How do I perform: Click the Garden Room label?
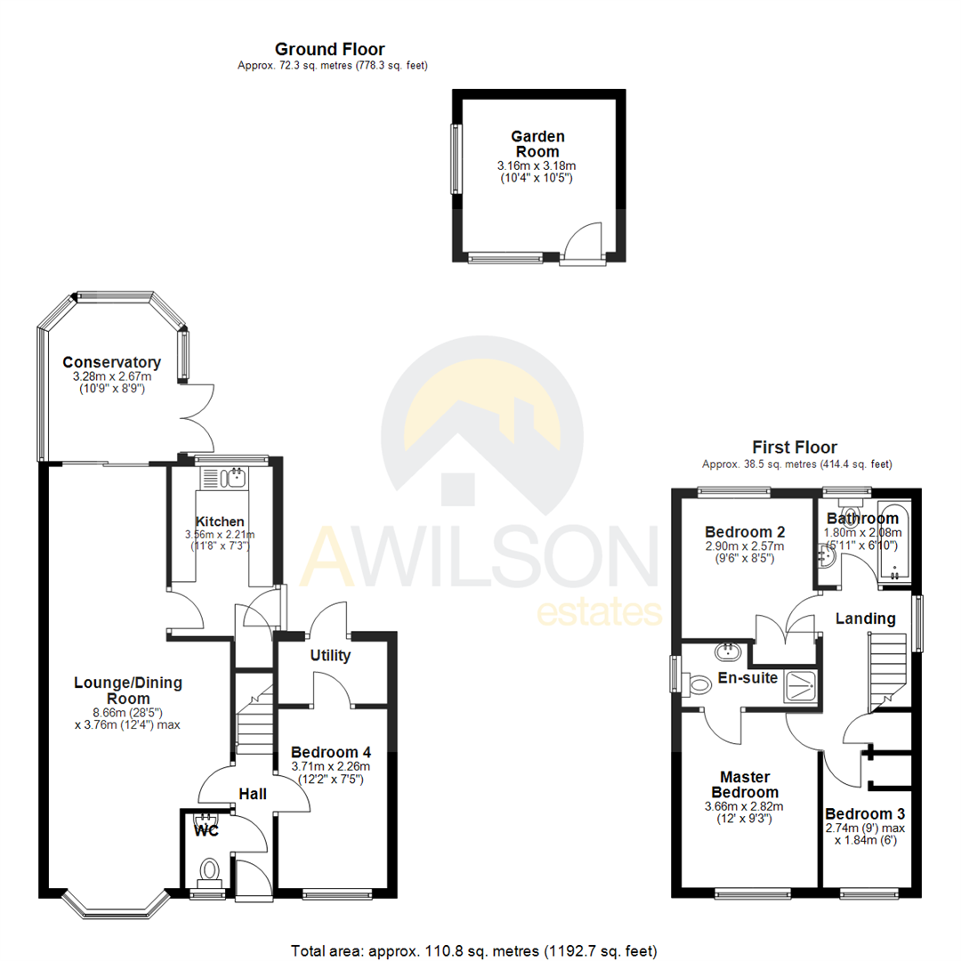537,144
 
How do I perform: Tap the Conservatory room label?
111,362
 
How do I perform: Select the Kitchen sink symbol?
236,478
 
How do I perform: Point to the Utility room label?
330,656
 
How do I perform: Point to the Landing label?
865,618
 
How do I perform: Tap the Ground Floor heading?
329,49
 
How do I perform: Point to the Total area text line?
473,950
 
